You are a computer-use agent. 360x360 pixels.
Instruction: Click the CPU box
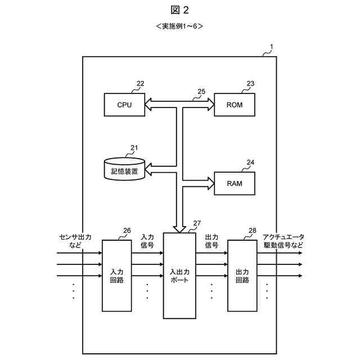click(x=124, y=105)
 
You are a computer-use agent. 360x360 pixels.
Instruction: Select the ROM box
click(x=235, y=105)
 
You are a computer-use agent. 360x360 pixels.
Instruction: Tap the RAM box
click(x=235, y=183)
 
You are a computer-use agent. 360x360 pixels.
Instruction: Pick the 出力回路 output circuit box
click(x=242, y=275)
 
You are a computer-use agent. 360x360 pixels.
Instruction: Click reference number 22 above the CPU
click(x=140, y=84)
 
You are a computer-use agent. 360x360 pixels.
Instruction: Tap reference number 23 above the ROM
click(x=250, y=84)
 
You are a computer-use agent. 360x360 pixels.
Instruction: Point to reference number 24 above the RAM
click(x=250, y=163)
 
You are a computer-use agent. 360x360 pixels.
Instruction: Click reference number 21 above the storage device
click(x=134, y=148)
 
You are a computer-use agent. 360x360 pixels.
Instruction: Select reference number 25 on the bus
click(x=201, y=91)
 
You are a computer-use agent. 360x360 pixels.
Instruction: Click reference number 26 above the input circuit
click(x=127, y=231)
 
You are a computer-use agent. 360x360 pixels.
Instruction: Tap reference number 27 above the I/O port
click(x=196, y=223)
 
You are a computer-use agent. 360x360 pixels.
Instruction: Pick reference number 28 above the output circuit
click(x=252, y=231)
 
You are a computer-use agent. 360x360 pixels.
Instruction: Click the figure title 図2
click(x=180, y=10)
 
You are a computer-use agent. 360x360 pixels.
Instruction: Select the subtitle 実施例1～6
click(x=179, y=26)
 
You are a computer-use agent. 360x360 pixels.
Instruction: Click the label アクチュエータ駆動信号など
click(x=283, y=241)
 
